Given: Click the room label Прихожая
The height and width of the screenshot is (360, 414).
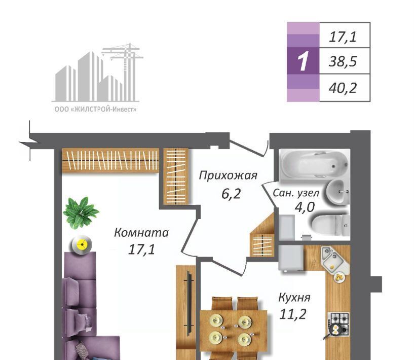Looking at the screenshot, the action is click(x=228, y=175).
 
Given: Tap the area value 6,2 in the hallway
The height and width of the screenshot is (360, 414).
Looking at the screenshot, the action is click(x=231, y=194).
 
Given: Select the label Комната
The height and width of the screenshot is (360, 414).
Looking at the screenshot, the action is click(x=141, y=233).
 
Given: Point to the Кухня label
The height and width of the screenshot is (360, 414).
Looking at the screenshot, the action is click(x=294, y=298).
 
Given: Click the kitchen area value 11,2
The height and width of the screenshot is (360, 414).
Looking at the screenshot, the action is click(x=292, y=314).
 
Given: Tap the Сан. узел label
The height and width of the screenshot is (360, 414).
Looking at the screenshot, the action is click(x=296, y=193).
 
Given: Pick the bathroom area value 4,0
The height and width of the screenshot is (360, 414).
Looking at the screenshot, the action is click(x=305, y=207).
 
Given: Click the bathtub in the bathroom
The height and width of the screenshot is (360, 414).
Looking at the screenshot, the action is click(x=314, y=164).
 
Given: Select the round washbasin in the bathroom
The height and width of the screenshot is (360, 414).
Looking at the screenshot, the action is click(x=337, y=193).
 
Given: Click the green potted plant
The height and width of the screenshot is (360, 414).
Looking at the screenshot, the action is click(x=81, y=212).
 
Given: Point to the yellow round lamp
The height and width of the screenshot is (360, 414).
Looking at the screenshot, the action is click(x=82, y=245).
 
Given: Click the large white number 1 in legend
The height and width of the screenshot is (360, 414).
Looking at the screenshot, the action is click(x=303, y=61).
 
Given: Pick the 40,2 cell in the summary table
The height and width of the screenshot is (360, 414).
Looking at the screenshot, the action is click(x=343, y=88).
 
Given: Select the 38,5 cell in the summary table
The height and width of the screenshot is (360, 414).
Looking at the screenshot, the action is click(x=343, y=61).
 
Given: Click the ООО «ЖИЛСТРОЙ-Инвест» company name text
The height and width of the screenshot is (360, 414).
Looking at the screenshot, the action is click(x=96, y=110).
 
